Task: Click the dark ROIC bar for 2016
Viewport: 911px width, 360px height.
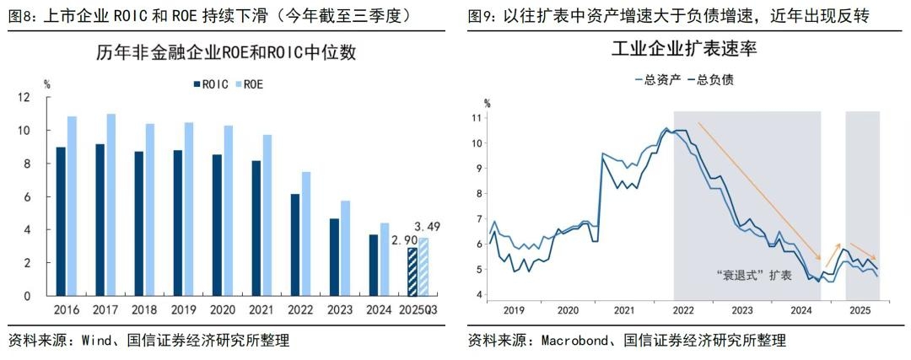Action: (61, 221)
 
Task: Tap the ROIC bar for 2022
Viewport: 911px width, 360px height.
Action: (294, 244)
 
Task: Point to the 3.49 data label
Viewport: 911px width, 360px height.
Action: (427, 227)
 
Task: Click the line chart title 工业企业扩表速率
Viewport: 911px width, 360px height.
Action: (684, 49)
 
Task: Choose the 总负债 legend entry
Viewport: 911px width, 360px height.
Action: (709, 79)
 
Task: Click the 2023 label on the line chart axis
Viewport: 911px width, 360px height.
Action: (741, 309)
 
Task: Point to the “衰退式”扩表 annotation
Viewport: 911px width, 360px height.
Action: (753, 277)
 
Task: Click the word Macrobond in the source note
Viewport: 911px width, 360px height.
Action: (574, 341)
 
